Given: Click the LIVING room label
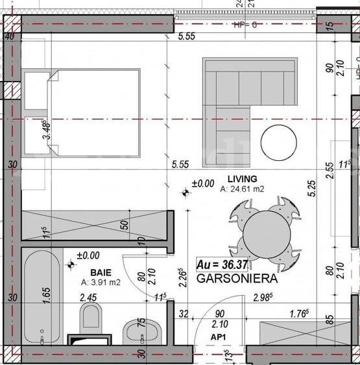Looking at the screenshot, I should coord(242,179).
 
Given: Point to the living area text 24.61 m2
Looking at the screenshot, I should coord(243,189).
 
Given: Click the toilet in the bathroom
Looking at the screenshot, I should coord(90,319).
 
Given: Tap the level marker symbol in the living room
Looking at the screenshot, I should coord(186,191).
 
